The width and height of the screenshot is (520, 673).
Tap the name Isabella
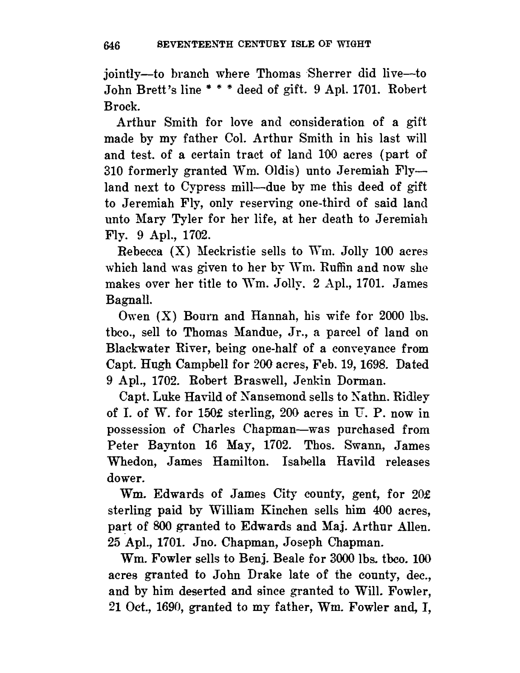point(304,462)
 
